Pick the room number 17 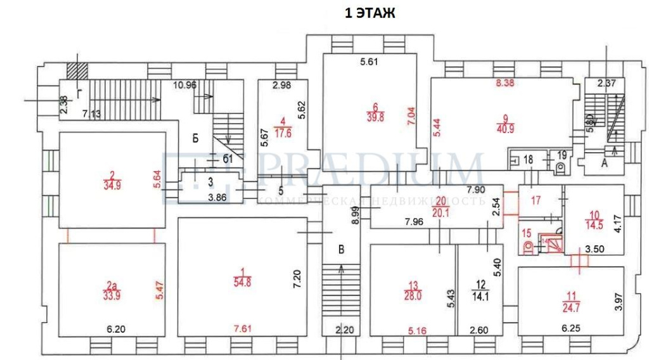click(x=536, y=202)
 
